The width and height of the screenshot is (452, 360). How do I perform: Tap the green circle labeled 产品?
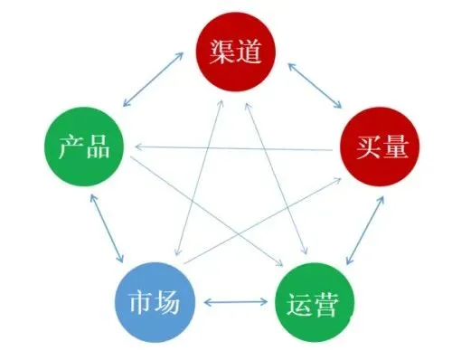[84, 145]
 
